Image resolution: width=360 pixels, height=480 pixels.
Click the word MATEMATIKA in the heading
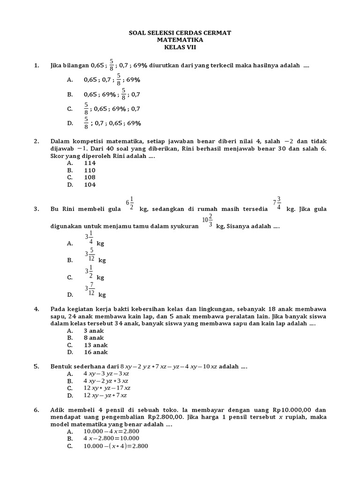click(180, 40)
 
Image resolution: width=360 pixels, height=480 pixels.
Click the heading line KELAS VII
click(180, 47)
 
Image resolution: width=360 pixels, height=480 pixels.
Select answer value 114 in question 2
click(90, 163)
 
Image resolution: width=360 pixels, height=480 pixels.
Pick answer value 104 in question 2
click(90, 185)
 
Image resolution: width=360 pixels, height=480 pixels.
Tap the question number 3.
click(36, 209)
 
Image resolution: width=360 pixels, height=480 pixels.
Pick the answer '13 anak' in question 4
click(96, 345)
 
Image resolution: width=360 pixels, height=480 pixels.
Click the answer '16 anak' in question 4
click(96, 352)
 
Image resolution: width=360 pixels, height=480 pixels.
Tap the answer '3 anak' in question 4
click(94, 330)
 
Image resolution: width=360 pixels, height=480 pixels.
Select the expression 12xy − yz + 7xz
click(105, 395)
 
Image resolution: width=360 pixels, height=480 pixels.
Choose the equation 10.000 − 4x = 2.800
click(115, 431)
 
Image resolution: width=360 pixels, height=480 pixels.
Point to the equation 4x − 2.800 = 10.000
click(115, 439)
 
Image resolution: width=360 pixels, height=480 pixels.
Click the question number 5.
click(36, 367)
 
